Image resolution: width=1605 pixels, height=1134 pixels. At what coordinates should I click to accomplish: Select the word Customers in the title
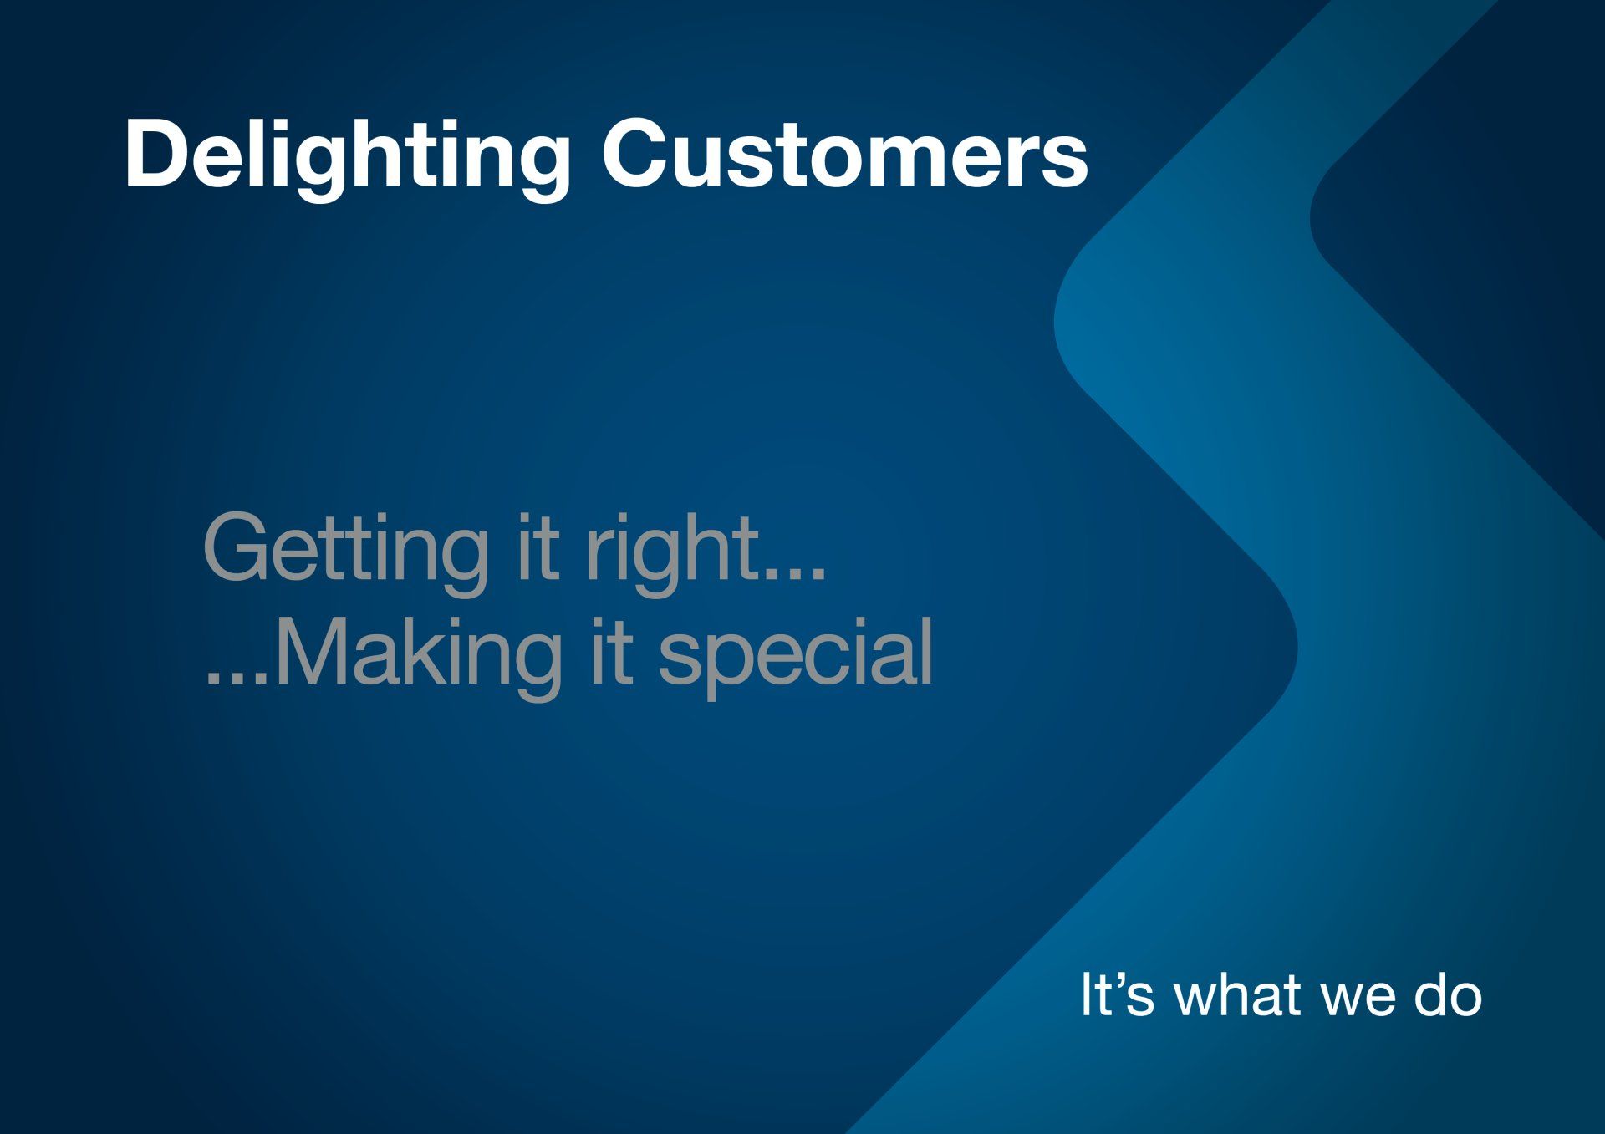845,154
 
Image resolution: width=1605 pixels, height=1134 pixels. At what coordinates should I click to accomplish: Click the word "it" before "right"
536,547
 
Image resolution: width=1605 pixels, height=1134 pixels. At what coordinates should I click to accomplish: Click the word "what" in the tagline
1239,994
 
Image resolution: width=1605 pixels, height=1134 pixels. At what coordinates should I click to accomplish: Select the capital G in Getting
237,547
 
